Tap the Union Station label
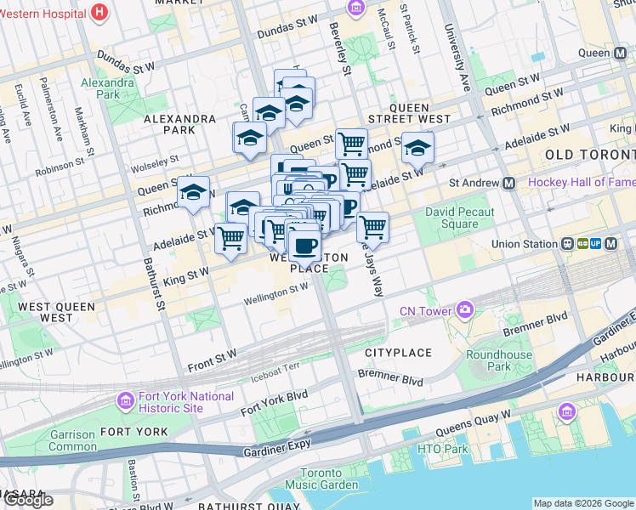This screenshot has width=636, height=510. [525, 244]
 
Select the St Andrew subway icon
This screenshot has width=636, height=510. [508, 183]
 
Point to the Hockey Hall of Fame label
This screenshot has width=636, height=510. [581, 183]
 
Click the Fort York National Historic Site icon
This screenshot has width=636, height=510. [126, 399]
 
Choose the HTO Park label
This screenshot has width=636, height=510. [443, 449]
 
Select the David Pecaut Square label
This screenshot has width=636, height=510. [451, 218]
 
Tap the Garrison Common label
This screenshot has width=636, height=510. [72, 440]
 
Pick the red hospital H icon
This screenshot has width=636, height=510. [100, 12]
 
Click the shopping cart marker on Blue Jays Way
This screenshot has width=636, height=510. [372, 228]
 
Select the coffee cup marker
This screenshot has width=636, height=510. [304, 246]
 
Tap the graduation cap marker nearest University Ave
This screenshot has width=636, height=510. [417, 148]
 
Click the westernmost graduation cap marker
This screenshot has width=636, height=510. [193, 192]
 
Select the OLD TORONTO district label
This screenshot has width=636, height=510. [589, 155]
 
